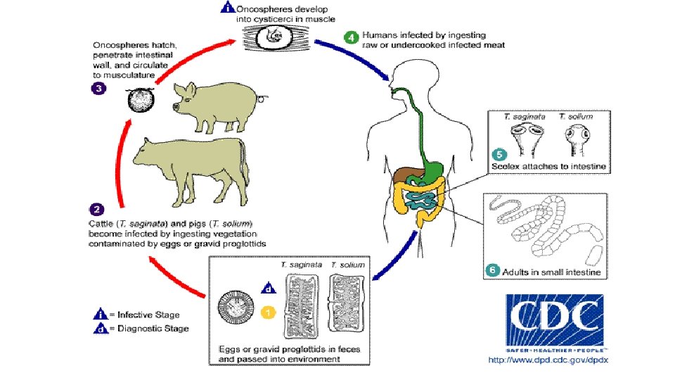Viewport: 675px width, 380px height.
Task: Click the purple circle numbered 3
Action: pos(100,89)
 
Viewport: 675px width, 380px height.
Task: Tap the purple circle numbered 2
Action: pos(100,210)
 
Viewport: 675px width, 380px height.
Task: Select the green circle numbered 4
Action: pos(349,37)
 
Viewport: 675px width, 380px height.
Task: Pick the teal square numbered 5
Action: pos(497,155)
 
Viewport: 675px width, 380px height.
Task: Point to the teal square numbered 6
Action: pos(493,270)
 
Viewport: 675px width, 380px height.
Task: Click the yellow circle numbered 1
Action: pos(267,310)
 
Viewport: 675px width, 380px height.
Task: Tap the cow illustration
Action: pos(190,165)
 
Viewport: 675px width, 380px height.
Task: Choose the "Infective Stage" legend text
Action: pos(148,315)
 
